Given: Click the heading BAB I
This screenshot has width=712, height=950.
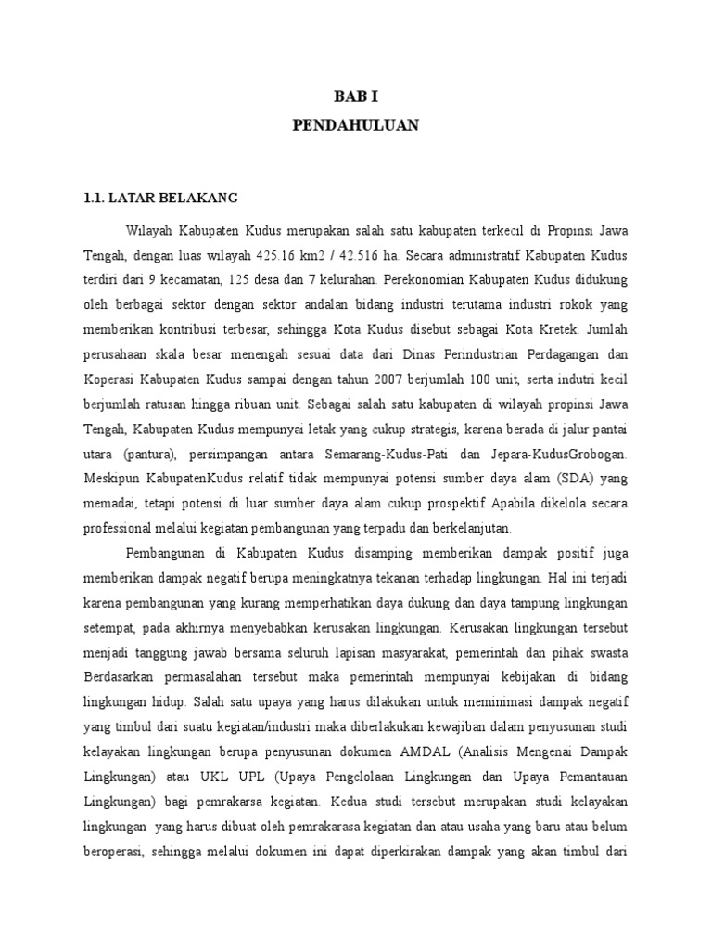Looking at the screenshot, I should click(356, 96).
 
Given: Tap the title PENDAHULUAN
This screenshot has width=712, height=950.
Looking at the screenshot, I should click(356, 125).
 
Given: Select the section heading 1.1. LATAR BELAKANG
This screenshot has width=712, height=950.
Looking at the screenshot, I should click(161, 198).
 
